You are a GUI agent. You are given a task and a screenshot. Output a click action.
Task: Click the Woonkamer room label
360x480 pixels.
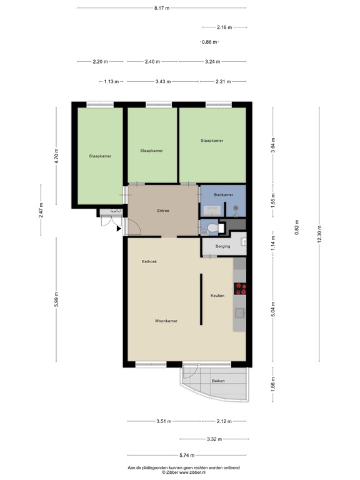pos(167,321)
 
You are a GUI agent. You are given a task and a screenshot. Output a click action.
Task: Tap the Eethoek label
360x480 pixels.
pos(150,261)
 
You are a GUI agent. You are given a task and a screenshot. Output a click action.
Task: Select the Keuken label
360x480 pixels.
pos(217,296)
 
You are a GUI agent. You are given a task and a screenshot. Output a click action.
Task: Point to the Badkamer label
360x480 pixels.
pos(223,195)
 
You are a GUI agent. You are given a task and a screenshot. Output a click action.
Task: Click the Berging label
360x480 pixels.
pos(222,246)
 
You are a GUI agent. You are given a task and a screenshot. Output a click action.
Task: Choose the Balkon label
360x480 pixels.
pos(218,381)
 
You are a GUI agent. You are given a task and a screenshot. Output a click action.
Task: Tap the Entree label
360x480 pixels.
pos(162,211)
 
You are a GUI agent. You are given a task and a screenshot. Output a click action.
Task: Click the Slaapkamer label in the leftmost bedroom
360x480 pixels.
pos(100,156)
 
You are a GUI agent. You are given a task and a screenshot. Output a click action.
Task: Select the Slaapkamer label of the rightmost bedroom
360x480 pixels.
pos(212,141)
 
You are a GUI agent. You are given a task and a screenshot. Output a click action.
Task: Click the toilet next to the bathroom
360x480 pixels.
pos(213,228)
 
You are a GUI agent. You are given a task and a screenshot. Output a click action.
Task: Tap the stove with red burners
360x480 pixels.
pos(241,288)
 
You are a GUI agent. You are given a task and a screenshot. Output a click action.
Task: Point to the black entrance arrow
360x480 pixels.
pos(118,229)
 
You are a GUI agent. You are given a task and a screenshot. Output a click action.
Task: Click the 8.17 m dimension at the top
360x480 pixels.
pos(162,8)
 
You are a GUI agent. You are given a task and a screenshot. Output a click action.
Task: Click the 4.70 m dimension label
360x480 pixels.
pos(56,154)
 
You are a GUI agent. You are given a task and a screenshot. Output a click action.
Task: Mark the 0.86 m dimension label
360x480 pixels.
pos(209,42)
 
